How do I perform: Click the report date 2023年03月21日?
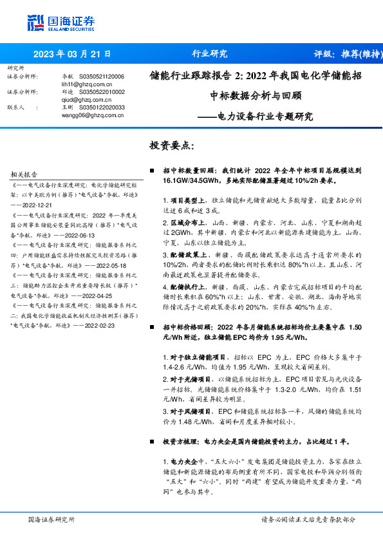click(x=71, y=55)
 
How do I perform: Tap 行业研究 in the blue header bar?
click(x=210, y=54)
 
